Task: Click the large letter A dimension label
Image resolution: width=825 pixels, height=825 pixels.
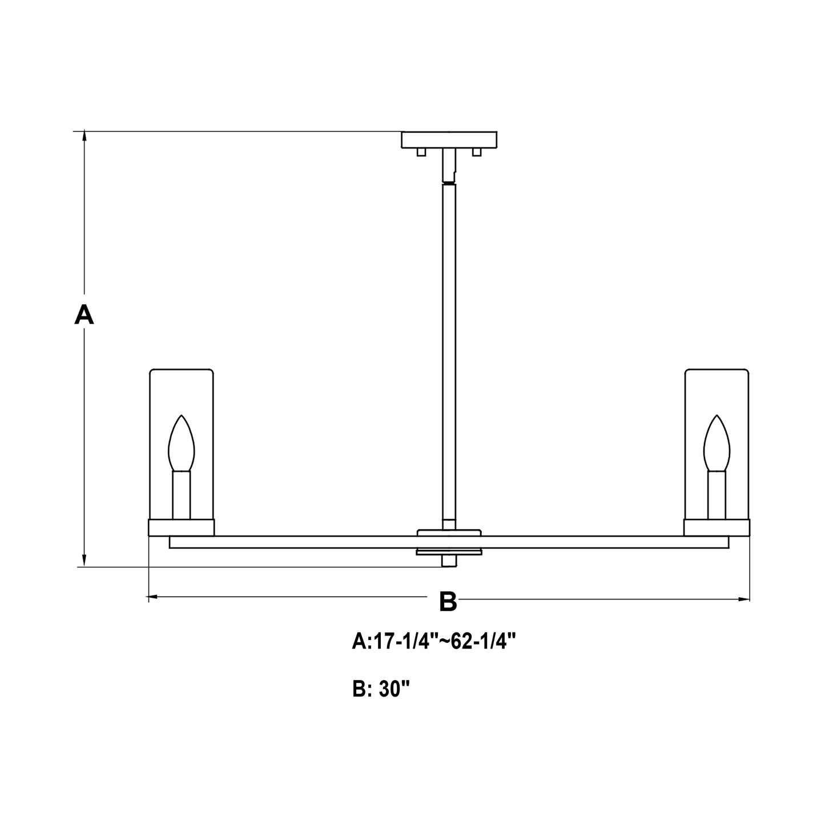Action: click(84, 315)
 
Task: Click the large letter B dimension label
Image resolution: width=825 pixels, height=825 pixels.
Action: click(448, 602)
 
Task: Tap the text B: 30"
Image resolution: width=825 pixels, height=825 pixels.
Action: click(381, 690)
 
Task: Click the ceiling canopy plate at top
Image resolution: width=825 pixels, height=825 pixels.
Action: click(449, 139)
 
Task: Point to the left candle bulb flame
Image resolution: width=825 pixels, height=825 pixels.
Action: click(181, 443)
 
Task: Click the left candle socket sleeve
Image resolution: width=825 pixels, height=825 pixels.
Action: click(181, 494)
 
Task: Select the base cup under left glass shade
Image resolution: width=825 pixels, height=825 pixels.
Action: click(181, 528)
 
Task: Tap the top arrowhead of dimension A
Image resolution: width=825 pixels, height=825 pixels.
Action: click(84, 136)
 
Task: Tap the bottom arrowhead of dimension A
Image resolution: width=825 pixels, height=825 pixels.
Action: click(84, 561)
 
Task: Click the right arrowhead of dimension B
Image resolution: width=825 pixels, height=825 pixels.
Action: click(744, 599)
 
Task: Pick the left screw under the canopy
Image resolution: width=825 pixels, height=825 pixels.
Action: click(421, 152)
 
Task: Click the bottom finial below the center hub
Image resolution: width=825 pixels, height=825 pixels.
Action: click(449, 561)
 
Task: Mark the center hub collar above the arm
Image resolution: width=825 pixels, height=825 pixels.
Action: click(449, 533)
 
